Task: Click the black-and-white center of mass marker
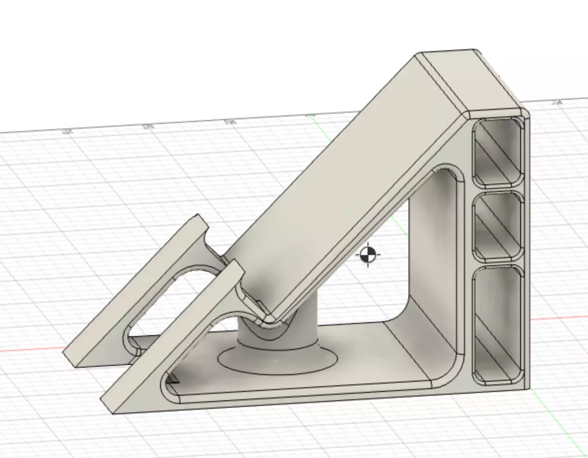pos(367,255)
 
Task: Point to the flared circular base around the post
pos(279,361)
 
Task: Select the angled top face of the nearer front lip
pos(172,335)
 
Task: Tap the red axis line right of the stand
pos(558,318)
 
